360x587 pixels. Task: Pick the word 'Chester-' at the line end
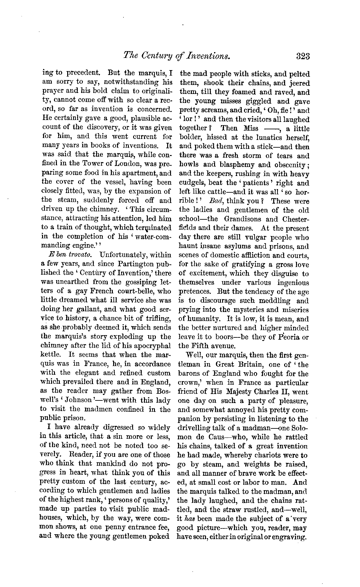coord(295,219)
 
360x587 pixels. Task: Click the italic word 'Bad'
coord(215,201)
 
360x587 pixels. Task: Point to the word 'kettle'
coord(53,355)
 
